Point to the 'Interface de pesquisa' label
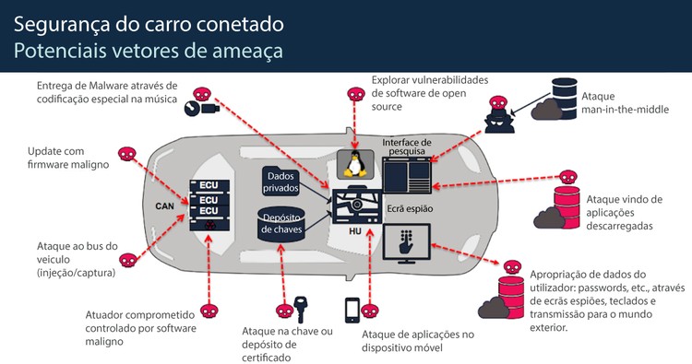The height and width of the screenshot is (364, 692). click(406, 147)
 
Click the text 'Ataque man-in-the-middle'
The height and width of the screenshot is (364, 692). click(614, 103)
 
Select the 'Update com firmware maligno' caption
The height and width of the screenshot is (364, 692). click(68, 158)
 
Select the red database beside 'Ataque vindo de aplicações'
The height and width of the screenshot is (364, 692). click(564, 204)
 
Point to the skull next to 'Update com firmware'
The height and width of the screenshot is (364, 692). click(126, 153)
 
